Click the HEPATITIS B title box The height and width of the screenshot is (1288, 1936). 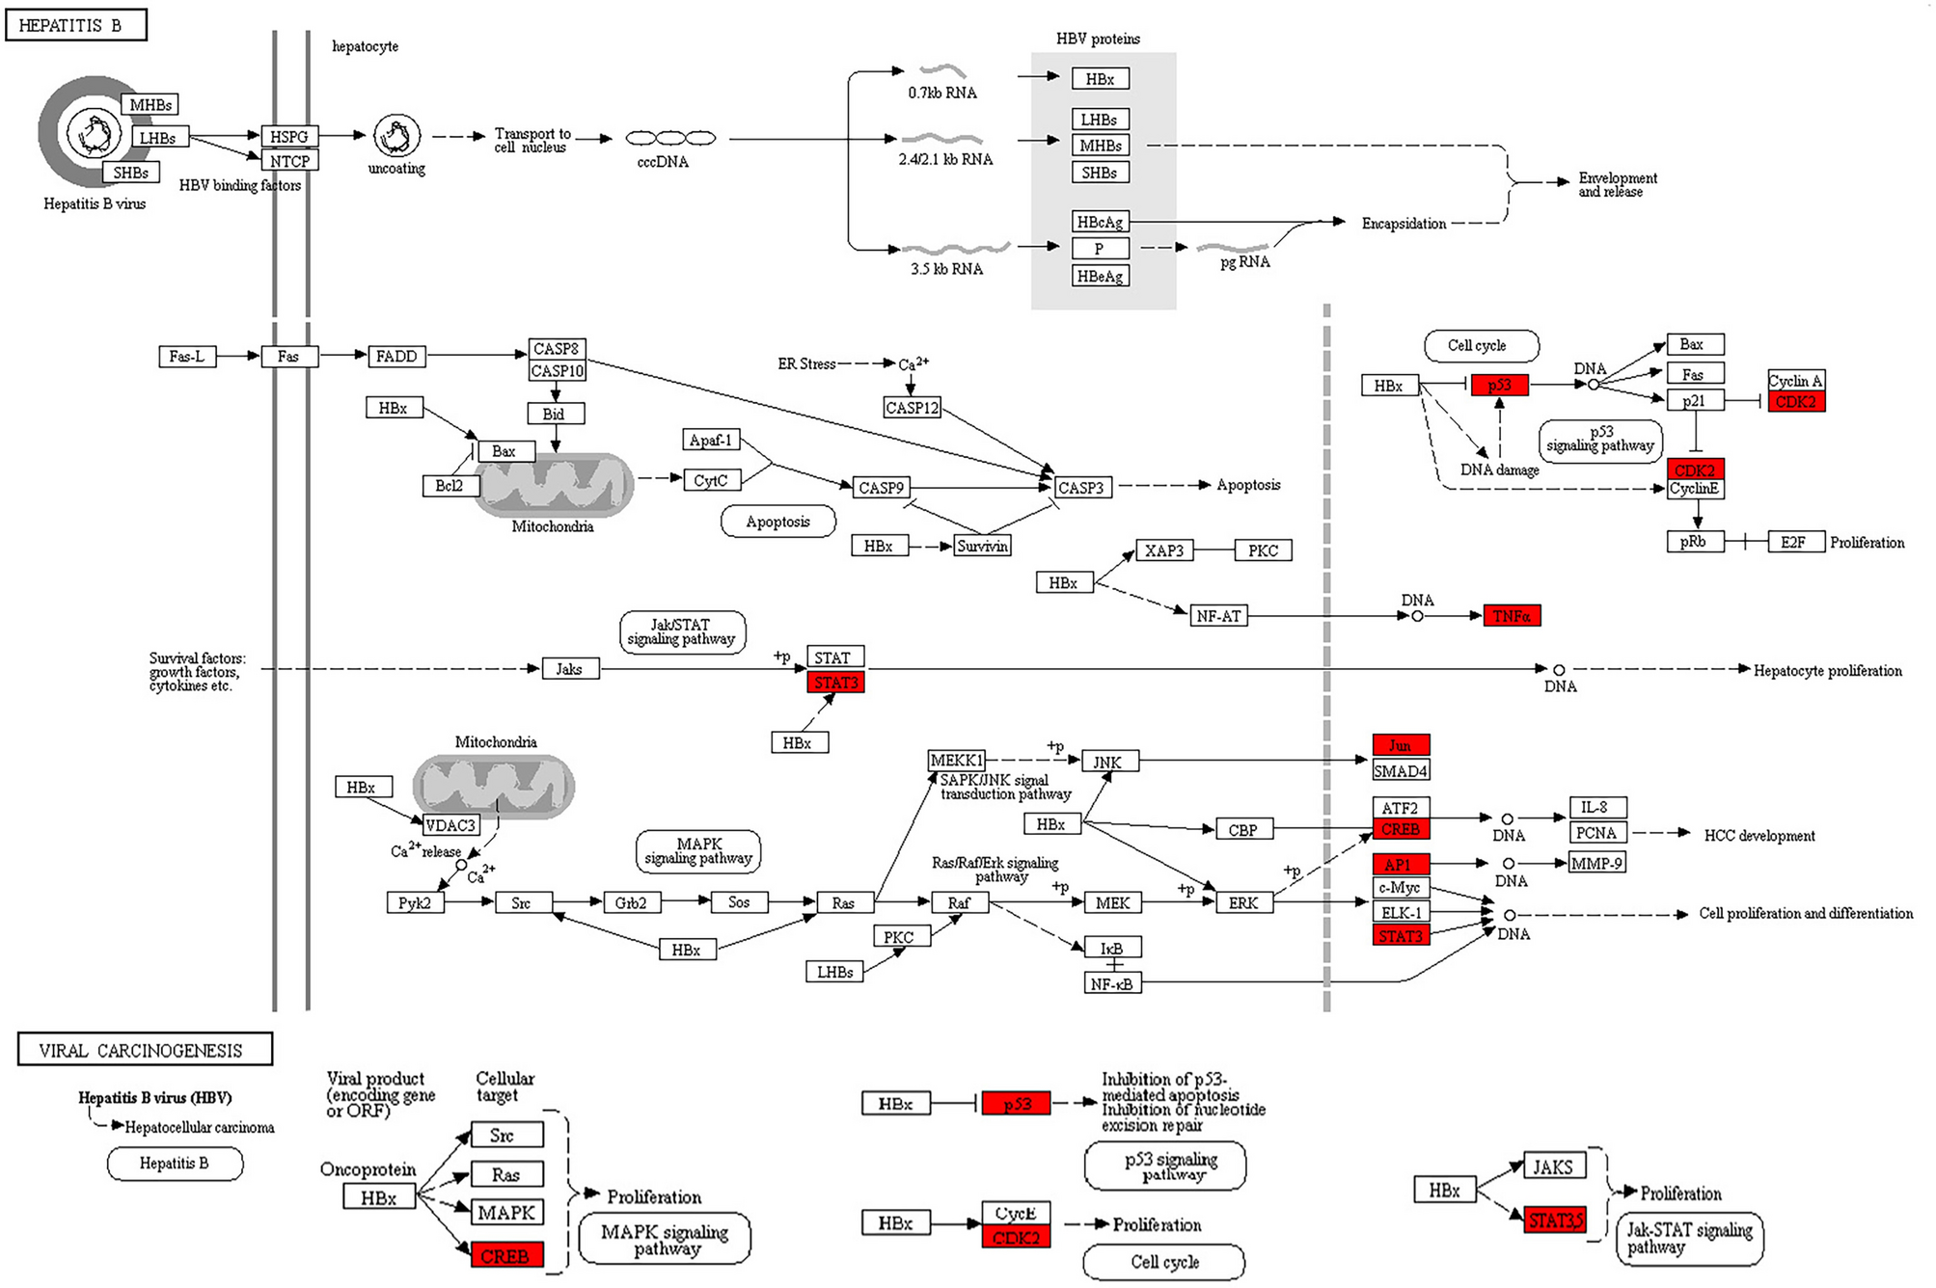(75, 25)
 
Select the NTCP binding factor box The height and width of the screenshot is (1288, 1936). (289, 161)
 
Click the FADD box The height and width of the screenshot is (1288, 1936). (396, 357)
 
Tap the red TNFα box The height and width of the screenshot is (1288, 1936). (1511, 616)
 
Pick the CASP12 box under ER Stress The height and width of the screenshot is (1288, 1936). (912, 408)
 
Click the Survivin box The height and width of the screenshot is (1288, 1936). (982, 547)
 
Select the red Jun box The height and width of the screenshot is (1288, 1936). (1400, 745)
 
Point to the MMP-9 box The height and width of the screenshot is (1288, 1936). (1596, 863)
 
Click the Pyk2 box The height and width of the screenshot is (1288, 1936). (415, 903)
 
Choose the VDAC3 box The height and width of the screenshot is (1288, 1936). (450, 825)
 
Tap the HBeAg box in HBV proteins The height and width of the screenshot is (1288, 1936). (1100, 277)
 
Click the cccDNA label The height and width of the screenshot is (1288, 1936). (663, 162)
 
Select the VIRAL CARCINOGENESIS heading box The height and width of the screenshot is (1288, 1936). (145, 1050)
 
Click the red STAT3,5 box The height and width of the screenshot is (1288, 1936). (1555, 1221)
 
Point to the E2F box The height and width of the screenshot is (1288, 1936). (1793, 542)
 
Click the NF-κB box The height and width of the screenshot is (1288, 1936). (1112, 983)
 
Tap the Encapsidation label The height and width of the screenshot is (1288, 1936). (1404, 224)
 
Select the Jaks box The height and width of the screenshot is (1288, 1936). (569, 669)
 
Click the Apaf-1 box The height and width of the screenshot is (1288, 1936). (711, 441)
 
